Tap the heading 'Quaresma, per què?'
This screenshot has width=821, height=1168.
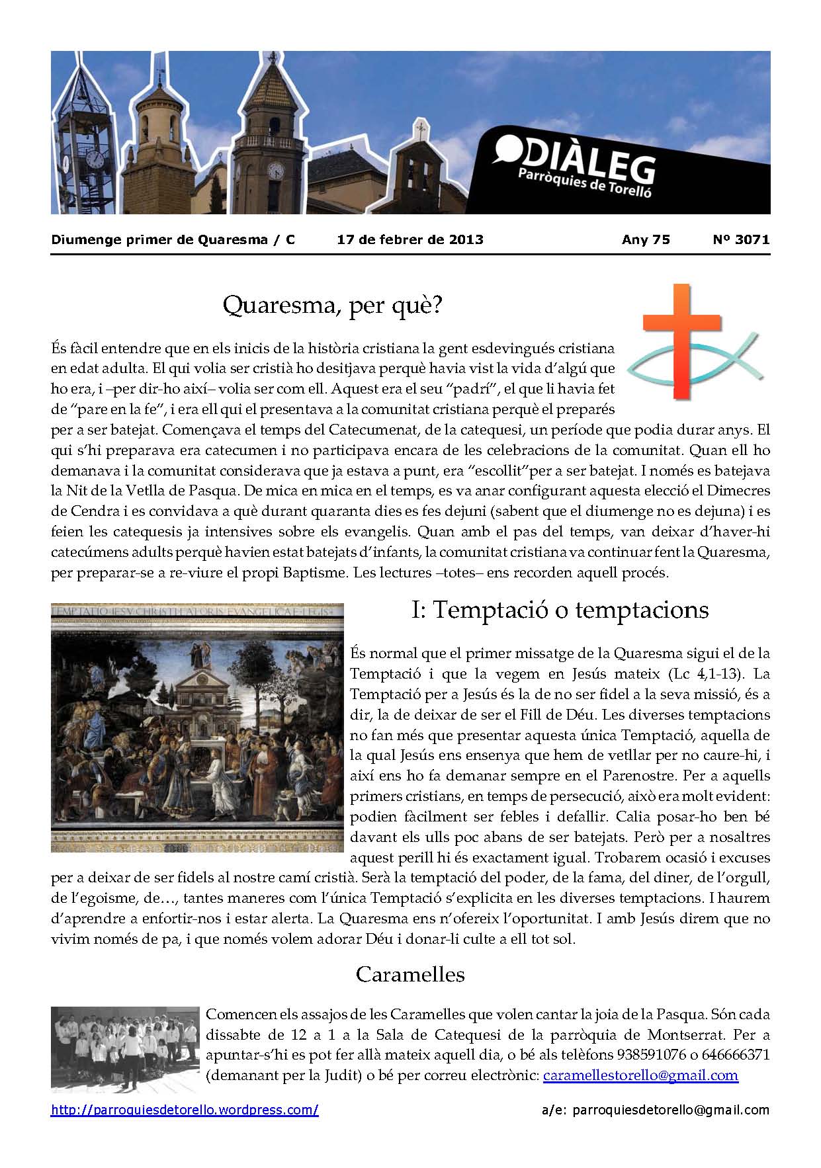point(332,306)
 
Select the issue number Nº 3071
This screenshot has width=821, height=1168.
point(741,239)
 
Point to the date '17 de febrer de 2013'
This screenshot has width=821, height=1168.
point(410,239)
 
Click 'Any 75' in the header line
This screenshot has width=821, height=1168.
point(646,239)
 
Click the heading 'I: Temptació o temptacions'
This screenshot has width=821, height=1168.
point(560,610)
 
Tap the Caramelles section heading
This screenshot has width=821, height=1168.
point(410,974)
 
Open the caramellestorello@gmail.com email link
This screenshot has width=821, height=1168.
point(640,1075)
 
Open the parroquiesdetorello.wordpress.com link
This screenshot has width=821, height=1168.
point(185,1110)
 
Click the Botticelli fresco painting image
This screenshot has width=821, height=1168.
point(197,728)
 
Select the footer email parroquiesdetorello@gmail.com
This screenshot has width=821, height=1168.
point(672,1110)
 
